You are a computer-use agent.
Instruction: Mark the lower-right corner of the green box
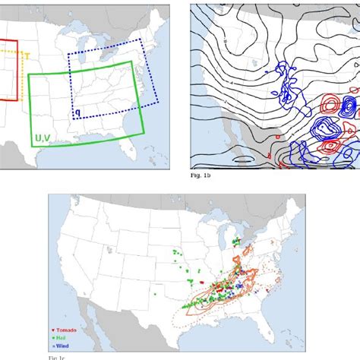[x=143, y=134]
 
